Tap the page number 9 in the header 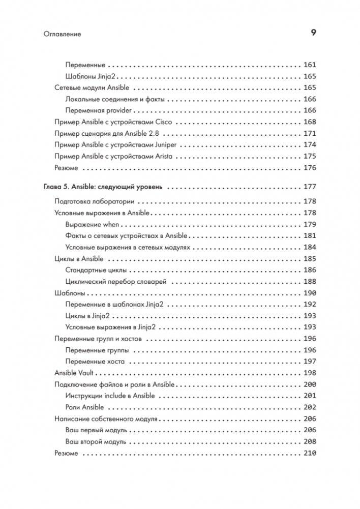click(313, 34)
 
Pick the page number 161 click(309, 65)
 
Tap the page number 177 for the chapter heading click(309, 187)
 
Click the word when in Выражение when click(110, 224)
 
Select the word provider click(119, 110)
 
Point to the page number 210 click(309, 453)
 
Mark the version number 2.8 click(153, 133)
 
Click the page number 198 click(309, 373)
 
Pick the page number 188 click(309, 281)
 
